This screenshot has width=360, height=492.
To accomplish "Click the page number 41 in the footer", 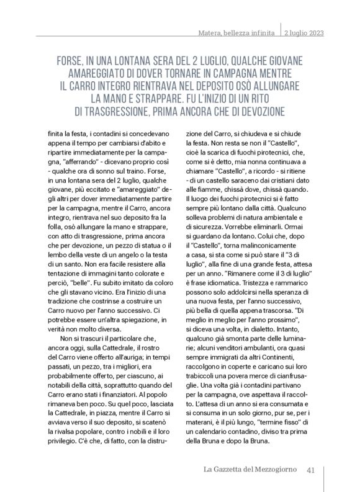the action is point(312,470).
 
